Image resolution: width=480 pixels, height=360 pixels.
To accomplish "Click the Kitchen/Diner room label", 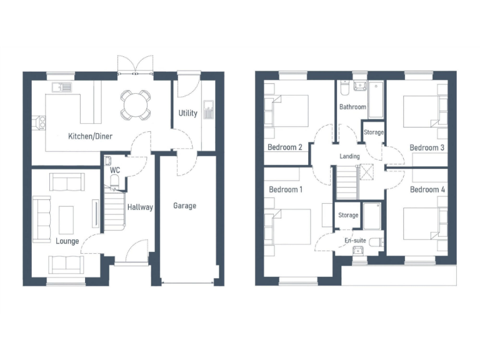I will point(89,136).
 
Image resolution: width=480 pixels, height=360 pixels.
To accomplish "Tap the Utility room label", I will point(187,113).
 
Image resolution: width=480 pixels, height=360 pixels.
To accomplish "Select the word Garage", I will point(185,206).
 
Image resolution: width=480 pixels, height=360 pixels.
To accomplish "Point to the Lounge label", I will point(67,241).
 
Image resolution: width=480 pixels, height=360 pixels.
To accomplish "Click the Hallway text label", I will point(140,207).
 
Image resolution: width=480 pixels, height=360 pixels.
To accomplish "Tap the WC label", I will point(115,169).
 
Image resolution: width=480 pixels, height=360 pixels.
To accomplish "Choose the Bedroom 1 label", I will point(286,189).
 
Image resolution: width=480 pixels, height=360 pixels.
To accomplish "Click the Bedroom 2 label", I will point(285,147).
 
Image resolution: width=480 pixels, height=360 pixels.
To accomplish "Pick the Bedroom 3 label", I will point(427,147).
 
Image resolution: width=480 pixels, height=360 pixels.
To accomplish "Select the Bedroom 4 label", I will point(427,189).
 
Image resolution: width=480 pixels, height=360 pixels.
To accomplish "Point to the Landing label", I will point(349,156).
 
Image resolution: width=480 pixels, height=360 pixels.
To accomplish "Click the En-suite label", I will point(356,239).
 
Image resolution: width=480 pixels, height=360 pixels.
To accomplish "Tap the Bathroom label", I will point(352,107).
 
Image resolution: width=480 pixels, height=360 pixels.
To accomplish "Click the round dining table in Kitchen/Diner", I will point(136,104).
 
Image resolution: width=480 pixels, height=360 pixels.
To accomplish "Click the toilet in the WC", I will point(114,181).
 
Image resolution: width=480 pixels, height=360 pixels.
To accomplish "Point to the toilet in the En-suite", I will point(376,241).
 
